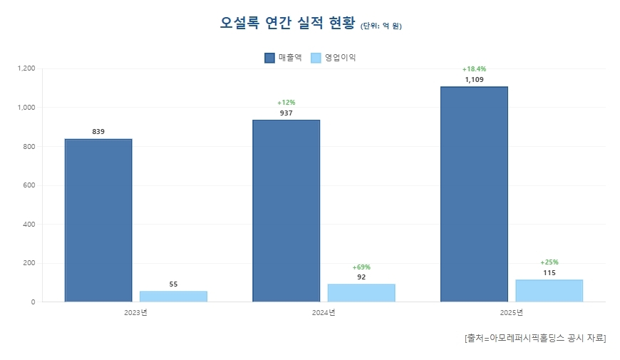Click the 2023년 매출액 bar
point(98,220)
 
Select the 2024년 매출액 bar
point(286,211)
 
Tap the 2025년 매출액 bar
point(474,194)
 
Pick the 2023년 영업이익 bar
point(173,297)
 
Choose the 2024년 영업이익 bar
point(361,293)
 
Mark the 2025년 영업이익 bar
point(549,291)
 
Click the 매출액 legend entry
point(284,58)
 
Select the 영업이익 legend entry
point(334,58)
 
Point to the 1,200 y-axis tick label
point(26,68)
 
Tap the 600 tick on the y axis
point(29,185)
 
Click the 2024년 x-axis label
point(324,313)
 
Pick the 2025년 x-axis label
point(512,313)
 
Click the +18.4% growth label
point(474,69)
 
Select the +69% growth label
point(361,267)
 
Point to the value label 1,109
point(474,80)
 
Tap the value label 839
point(98,132)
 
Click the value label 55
point(173,284)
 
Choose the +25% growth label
point(549,262)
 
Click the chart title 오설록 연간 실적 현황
point(287,23)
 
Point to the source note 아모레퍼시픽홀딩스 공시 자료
point(534,337)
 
